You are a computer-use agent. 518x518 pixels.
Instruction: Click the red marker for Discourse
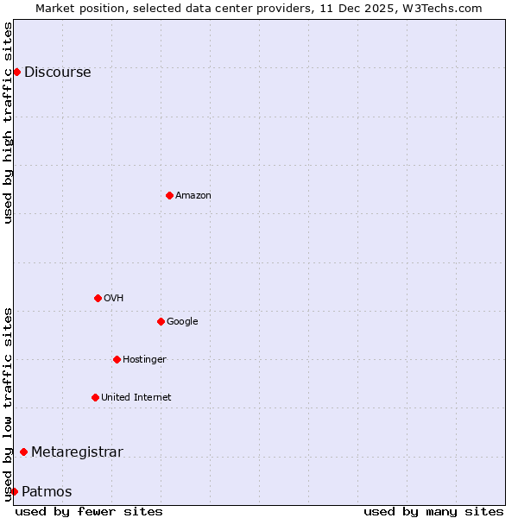point(16,72)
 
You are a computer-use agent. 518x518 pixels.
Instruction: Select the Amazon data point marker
point(169,195)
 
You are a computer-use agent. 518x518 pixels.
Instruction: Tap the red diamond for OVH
point(98,298)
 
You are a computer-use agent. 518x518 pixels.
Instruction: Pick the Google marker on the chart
point(161,321)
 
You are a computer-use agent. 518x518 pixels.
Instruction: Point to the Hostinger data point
point(117,359)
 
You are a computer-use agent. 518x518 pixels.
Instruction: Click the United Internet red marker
point(95,397)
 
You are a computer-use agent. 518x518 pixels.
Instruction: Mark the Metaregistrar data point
point(23,452)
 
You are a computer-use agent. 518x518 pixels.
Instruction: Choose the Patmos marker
point(14,491)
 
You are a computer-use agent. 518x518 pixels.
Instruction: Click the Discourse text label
point(57,73)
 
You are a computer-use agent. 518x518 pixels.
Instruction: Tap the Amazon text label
point(193,196)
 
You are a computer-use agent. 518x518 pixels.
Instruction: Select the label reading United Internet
point(136,398)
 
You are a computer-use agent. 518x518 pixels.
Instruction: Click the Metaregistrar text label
point(77,452)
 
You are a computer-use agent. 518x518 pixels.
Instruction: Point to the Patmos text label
point(47,492)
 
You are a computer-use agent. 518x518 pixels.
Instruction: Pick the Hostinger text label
point(144,360)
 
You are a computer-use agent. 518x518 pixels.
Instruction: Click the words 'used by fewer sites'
point(89,511)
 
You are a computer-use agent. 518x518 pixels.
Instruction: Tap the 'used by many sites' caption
point(433,511)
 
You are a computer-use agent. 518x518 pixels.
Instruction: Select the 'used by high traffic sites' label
point(8,123)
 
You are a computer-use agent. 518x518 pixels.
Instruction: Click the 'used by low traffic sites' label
point(8,403)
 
